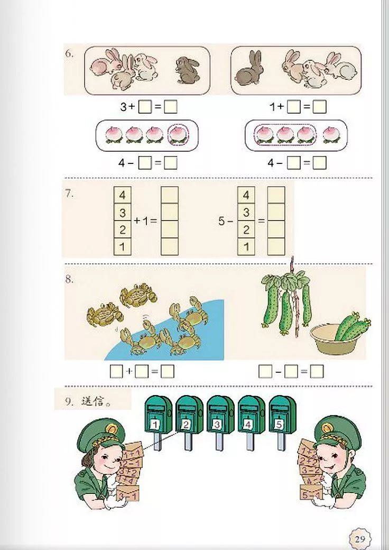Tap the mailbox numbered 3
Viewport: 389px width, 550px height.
tap(217, 418)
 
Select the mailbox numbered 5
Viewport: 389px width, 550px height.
tap(280, 418)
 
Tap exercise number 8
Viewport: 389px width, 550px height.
tap(70, 279)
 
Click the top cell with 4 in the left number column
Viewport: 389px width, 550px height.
tap(123, 195)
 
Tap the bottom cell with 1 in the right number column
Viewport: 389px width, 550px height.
tap(246, 246)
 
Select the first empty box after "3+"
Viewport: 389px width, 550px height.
tap(144, 107)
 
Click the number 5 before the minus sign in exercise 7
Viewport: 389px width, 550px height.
tap(222, 221)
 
